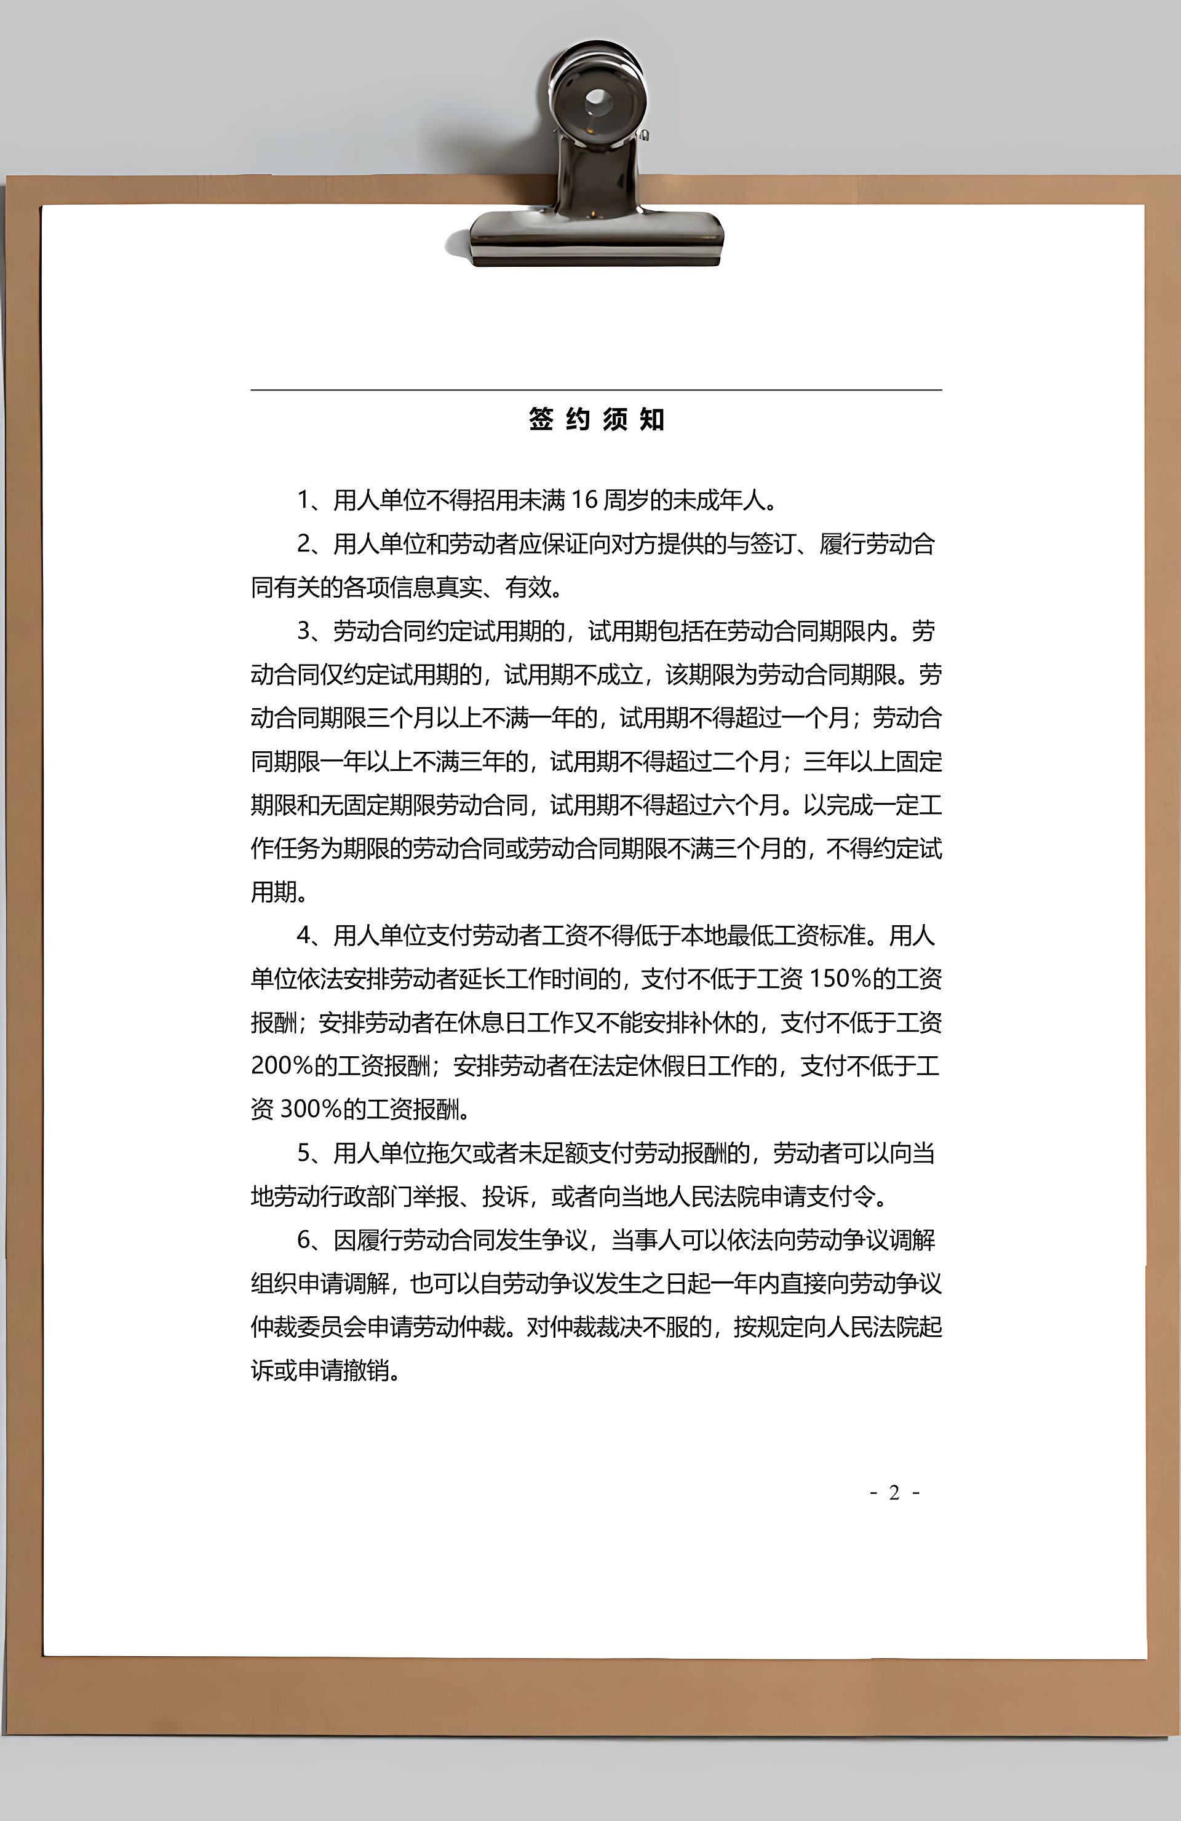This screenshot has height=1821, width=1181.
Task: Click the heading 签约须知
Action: pyautogui.click(x=596, y=419)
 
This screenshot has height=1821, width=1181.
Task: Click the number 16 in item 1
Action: pyautogui.click(x=583, y=500)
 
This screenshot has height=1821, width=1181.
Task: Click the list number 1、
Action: pyautogui.click(x=312, y=500)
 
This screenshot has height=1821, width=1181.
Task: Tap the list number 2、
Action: pyautogui.click(x=312, y=544)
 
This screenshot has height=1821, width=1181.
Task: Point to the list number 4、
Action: pyautogui.click(x=312, y=935)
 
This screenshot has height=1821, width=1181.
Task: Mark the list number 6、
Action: pyautogui.click(x=312, y=1239)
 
